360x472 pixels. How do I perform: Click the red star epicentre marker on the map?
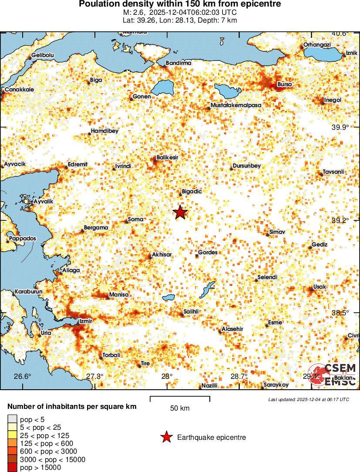pyautogui.click(x=180, y=212)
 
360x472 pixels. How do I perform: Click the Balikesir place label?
pyautogui.click(x=168, y=158)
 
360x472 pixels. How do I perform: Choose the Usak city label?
pyautogui.click(x=320, y=287)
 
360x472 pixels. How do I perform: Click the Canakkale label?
pyautogui.click(x=19, y=90)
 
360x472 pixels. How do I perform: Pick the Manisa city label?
pyautogui.click(x=119, y=295)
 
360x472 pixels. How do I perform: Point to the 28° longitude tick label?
pyautogui.click(x=167, y=376)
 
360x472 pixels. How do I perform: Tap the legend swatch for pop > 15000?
pyautogui.click(x=12, y=467)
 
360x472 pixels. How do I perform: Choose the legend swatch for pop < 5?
pyautogui.click(x=12, y=419)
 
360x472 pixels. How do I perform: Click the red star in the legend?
pyautogui.click(x=166, y=437)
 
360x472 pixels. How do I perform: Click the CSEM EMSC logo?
pyautogui.click(x=333, y=374)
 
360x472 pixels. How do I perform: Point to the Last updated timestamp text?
pyautogui.click(x=308, y=399)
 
